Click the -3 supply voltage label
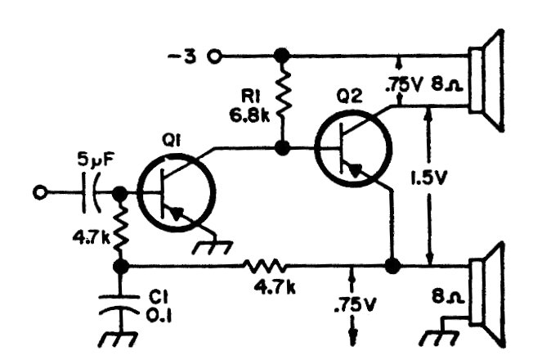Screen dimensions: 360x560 click(186, 57)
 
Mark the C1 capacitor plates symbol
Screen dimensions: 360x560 click(121, 305)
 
